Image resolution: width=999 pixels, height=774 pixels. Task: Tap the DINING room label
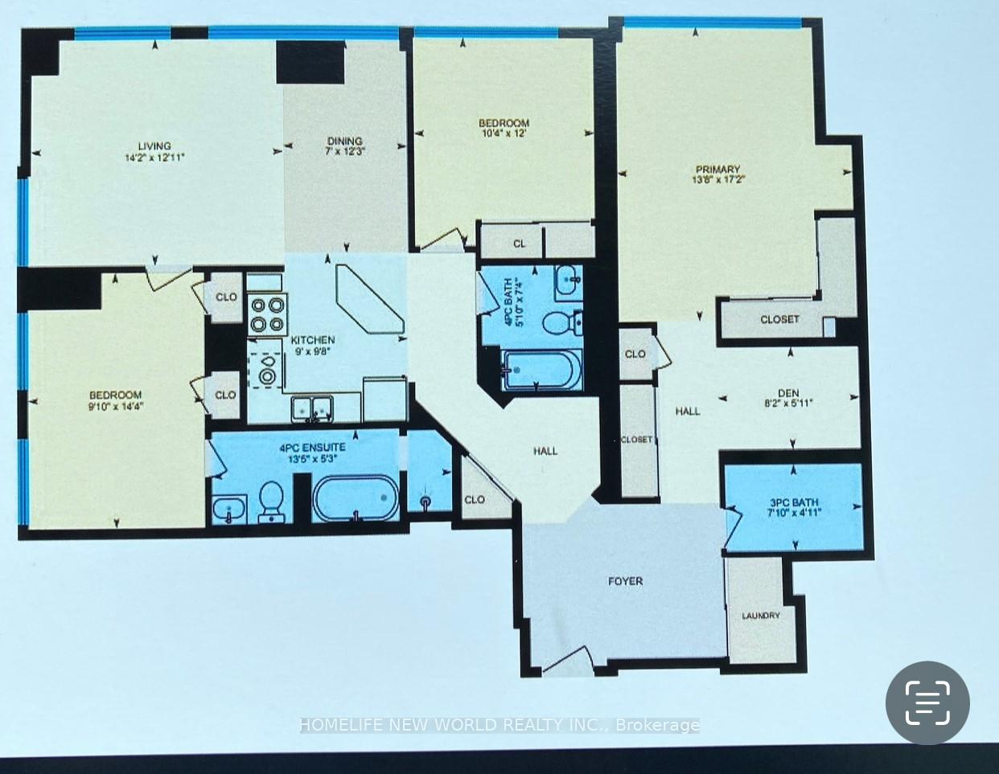click(344, 141)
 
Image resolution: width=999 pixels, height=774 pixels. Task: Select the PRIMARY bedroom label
click(717, 169)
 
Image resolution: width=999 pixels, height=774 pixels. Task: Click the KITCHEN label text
click(313, 340)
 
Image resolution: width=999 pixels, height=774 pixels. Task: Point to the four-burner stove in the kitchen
click(268, 314)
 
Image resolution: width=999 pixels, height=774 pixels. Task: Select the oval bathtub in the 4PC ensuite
click(355, 498)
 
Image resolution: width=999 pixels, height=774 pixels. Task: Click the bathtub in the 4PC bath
click(540, 371)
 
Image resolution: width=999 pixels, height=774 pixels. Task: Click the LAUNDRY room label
click(761, 616)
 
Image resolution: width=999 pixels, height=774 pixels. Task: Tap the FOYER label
click(625, 580)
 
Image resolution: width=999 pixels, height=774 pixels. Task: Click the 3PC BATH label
click(793, 502)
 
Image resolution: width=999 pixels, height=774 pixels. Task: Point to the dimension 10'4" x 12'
click(504, 134)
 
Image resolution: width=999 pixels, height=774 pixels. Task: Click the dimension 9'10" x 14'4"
click(115, 406)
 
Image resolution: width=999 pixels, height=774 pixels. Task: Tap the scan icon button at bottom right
click(927, 703)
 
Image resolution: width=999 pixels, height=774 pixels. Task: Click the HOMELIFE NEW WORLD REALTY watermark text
click(499, 725)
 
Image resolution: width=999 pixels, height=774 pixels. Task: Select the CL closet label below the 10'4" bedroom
click(519, 244)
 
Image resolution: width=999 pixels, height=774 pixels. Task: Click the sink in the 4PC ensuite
click(228, 508)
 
